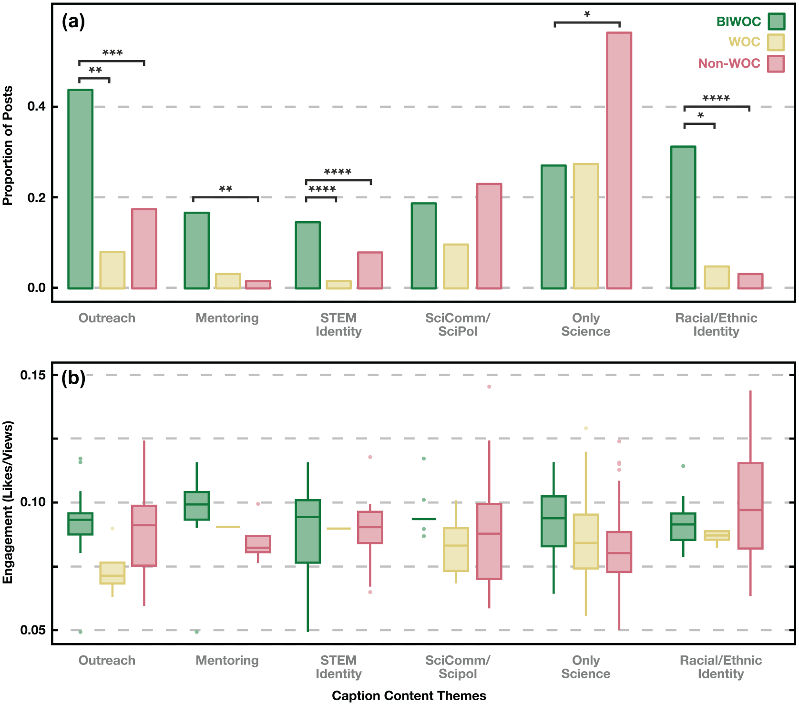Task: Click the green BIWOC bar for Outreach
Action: (x=80, y=189)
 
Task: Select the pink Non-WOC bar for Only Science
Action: (x=619, y=160)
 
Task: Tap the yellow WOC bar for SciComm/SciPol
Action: (x=456, y=266)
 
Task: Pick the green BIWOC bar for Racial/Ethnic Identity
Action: (x=683, y=217)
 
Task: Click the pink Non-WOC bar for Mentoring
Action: (x=258, y=285)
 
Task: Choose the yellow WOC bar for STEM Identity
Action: (x=338, y=285)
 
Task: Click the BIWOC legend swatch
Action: (x=776, y=21)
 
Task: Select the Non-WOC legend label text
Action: (x=729, y=63)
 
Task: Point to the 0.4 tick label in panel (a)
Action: (x=37, y=106)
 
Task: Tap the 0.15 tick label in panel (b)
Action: (x=33, y=375)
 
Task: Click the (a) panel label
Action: (x=73, y=21)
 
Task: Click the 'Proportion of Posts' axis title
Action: (x=8, y=145)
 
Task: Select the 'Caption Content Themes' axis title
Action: (x=409, y=695)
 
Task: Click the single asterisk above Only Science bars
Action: (x=587, y=15)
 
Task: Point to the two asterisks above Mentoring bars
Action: (x=225, y=189)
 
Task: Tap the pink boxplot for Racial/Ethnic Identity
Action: (x=750, y=506)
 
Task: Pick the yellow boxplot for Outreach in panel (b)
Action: (x=113, y=573)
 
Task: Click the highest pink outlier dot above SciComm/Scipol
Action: (x=489, y=387)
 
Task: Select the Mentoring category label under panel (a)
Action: (x=227, y=318)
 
